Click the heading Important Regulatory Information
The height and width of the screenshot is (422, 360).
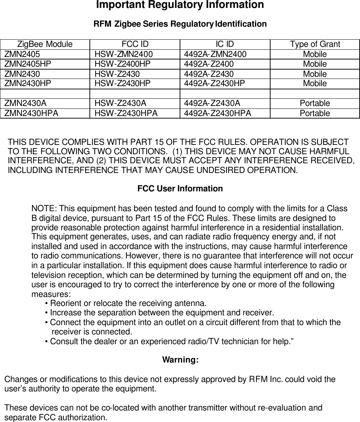point(180,5)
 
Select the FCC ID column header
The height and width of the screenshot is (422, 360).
point(135,44)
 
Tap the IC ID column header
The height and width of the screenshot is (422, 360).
point(224,44)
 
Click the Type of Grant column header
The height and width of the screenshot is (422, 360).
point(315,44)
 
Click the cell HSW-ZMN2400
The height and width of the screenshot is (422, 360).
point(123,54)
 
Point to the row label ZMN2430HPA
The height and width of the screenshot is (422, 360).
point(31,113)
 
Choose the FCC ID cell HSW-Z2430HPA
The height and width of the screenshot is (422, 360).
point(126,113)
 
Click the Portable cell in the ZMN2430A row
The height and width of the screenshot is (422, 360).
point(315,103)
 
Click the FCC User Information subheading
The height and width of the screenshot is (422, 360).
point(180,189)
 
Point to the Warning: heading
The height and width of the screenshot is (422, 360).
point(180,360)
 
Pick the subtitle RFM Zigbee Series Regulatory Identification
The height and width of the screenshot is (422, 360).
point(180,25)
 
